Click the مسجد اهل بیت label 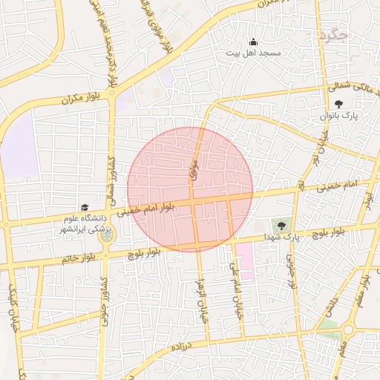coord(253,53)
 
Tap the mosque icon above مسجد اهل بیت coord(253,42)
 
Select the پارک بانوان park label coord(339,117)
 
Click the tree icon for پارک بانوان coord(339,105)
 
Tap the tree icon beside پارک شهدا coord(282,225)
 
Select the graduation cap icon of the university coord(84,209)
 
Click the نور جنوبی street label coord(292,270)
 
